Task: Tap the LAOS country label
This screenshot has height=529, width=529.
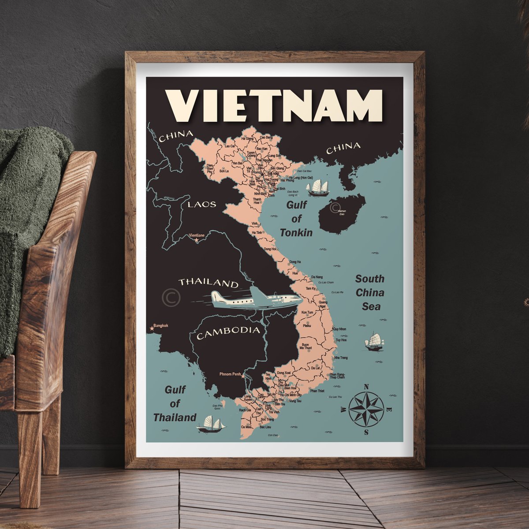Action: [x=202, y=204]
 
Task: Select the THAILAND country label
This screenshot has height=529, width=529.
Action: [x=208, y=283]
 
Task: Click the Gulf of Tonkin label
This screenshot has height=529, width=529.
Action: [x=296, y=219]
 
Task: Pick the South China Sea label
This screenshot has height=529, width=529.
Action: [x=370, y=293]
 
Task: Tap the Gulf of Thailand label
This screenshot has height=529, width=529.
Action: [x=175, y=403]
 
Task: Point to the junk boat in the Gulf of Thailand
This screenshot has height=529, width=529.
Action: [x=211, y=424]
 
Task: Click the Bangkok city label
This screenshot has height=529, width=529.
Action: [x=161, y=326]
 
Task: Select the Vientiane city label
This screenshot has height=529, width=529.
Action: [x=197, y=236]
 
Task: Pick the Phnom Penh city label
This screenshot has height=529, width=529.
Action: [x=229, y=374]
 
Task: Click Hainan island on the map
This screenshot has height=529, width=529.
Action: [x=341, y=214]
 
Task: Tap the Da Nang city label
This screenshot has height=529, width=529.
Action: [x=317, y=277]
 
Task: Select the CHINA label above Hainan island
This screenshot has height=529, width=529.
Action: [x=343, y=148]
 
